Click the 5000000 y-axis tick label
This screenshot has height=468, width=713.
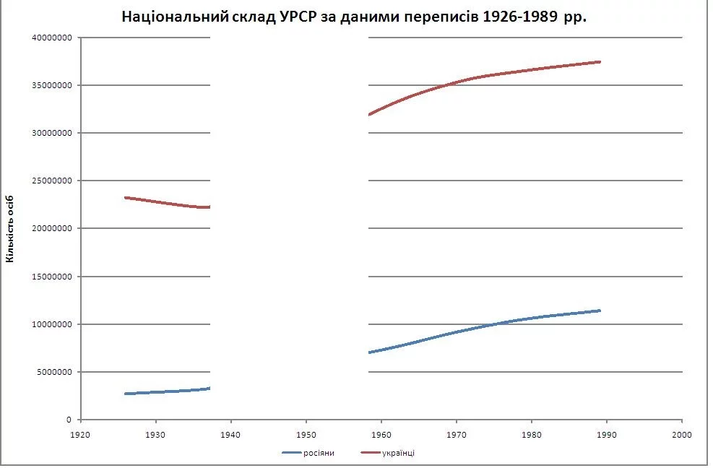coord(54,372)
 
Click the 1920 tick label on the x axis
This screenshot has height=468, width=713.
coord(80,435)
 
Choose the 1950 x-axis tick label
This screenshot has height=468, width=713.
coord(306,435)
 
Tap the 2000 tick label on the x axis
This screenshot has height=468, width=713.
coord(681,435)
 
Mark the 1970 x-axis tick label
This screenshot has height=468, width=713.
coord(456,435)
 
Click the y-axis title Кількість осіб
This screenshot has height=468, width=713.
coord(10,228)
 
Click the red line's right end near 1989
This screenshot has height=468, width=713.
coord(600,62)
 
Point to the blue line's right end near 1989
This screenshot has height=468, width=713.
coord(600,311)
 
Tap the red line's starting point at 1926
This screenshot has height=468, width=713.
coord(126,197)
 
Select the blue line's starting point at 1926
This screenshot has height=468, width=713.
coord(126,394)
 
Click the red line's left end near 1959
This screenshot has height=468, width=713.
coord(370,114)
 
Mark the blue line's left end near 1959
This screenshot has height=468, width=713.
coord(370,352)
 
